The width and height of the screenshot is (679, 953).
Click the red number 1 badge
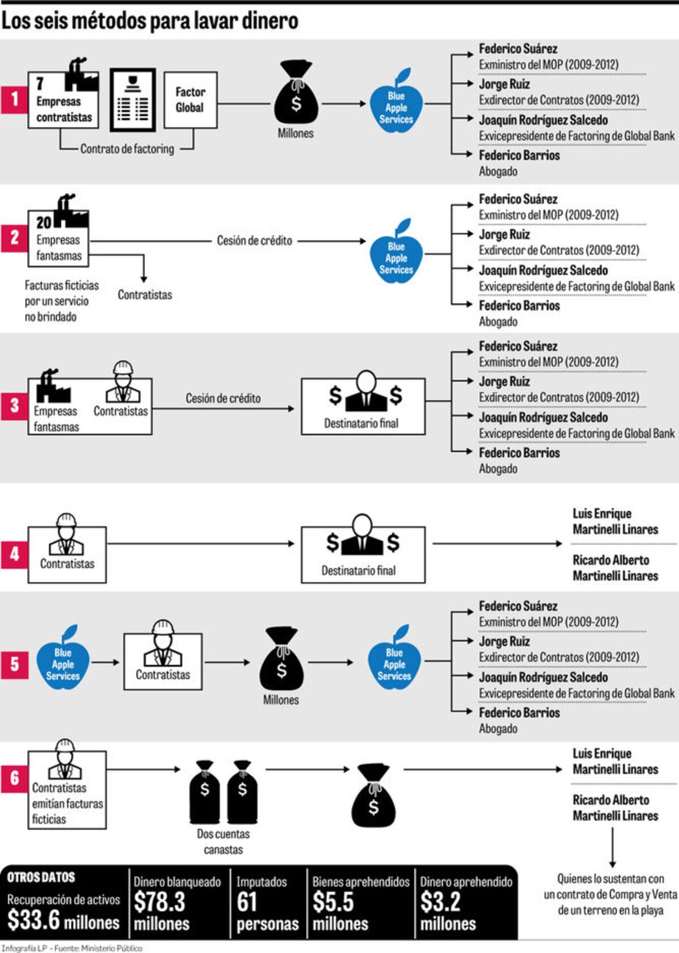point(14,100)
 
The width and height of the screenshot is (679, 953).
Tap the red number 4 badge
point(14,554)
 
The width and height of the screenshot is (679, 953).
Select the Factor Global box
point(191,100)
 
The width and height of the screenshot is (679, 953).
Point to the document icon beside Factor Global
point(133,100)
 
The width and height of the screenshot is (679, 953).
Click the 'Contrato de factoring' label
point(127,149)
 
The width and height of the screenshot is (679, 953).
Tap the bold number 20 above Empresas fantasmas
point(44,222)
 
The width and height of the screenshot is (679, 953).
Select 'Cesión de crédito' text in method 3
point(223,398)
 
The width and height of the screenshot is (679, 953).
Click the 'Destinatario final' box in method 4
point(363,554)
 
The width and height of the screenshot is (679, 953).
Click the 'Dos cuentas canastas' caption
point(223,842)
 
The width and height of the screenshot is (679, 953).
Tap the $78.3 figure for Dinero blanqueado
point(160,902)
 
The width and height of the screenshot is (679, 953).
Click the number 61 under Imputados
point(247,902)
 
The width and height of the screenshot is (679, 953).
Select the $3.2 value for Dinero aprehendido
point(440,902)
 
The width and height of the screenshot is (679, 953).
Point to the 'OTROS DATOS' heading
point(41,877)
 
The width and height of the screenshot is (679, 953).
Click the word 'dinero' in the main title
point(269,21)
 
